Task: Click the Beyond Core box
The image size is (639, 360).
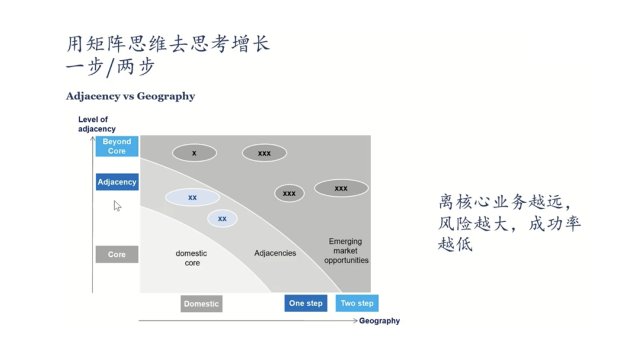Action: pos(117,146)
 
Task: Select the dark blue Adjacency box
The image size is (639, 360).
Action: pos(117,182)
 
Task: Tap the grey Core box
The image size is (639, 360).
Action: pos(117,254)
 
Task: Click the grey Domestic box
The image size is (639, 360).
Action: pos(201,304)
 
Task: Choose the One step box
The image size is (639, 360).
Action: pos(305,303)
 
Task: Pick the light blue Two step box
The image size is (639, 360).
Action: pos(357,303)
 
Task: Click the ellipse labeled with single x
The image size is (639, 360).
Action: pos(194,153)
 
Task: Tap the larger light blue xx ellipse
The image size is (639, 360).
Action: pos(192,197)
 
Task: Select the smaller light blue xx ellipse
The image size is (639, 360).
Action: pos(222,218)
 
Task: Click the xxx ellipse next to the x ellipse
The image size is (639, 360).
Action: pos(264,153)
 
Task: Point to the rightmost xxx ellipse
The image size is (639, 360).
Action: pos(341,188)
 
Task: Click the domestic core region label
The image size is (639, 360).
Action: pos(192,258)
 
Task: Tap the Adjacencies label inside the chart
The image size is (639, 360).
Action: pos(275,253)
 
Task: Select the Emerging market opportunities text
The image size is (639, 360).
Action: pos(346,250)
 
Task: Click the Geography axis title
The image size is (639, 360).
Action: pos(379,321)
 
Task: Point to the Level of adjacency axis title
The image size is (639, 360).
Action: pos(96,124)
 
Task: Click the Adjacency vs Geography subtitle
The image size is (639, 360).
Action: pos(130,96)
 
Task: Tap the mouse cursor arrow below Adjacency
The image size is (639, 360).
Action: pos(117,206)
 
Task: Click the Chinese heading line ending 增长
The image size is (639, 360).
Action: pos(167,44)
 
